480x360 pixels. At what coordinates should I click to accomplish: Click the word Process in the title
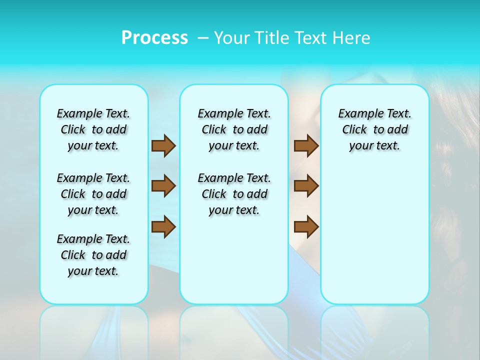[154, 37]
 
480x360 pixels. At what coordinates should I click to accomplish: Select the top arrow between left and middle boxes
[163, 145]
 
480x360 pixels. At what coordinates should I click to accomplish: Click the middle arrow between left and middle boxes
[163, 186]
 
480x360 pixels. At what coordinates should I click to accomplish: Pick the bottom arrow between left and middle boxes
[163, 226]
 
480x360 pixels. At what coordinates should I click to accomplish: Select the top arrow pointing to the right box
[306, 145]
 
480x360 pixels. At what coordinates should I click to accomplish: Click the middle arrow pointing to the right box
[306, 186]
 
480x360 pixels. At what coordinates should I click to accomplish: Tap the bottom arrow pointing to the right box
[306, 226]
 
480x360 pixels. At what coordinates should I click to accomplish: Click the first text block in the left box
[93, 129]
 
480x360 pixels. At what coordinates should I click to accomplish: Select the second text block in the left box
[93, 194]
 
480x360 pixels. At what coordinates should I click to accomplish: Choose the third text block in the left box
[93, 255]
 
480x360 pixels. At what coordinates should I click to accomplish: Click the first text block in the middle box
[234, 129]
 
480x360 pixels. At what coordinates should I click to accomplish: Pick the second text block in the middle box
[234, 194]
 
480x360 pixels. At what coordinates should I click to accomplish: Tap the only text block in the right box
[374, 129]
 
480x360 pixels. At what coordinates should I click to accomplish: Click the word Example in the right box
[357, 114]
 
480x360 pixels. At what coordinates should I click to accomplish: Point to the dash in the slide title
[203, 38]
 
